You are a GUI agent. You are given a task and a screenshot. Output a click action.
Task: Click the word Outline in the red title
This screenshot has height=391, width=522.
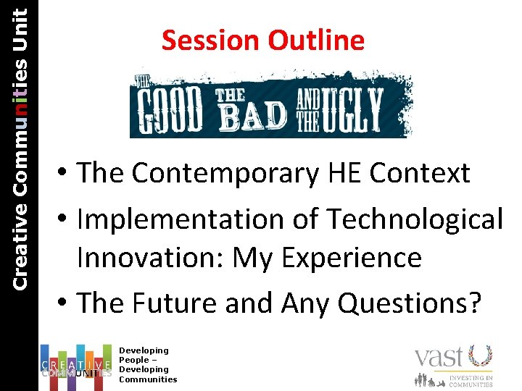(x=316, y=41)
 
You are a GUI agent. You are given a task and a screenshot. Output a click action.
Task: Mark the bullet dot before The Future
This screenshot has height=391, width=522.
(x=65, y=303)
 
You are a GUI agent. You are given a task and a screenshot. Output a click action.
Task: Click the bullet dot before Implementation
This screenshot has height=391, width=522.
(x=65, y=219)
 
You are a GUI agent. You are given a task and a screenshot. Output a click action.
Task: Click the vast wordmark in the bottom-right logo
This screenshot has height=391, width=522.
(x=439, y=358)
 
